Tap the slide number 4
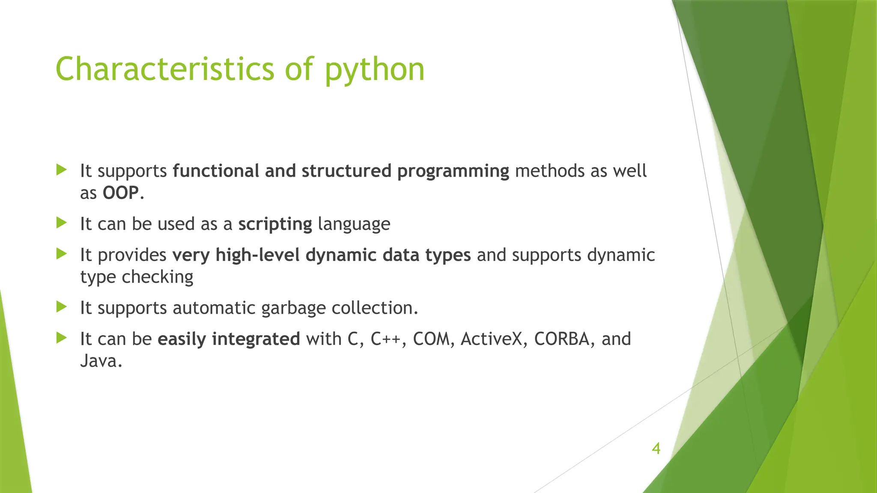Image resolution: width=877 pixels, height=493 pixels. pyautogui.click(x=656, y=449)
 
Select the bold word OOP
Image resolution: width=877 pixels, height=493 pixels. pyautogui.click(x=121, y=193)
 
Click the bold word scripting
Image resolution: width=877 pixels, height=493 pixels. pyautogui.click(x=275, y=224)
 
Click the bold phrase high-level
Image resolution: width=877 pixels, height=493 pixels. pyautogui.click(x=257, y=255)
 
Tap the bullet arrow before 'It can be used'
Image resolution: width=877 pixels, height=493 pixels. pyautogui.click(x=62, y=223)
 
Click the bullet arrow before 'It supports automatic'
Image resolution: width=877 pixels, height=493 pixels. pyautogui.click(x=62, y=306)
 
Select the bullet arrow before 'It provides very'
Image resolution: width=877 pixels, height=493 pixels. pyautogui.click(x=62, y=254)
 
